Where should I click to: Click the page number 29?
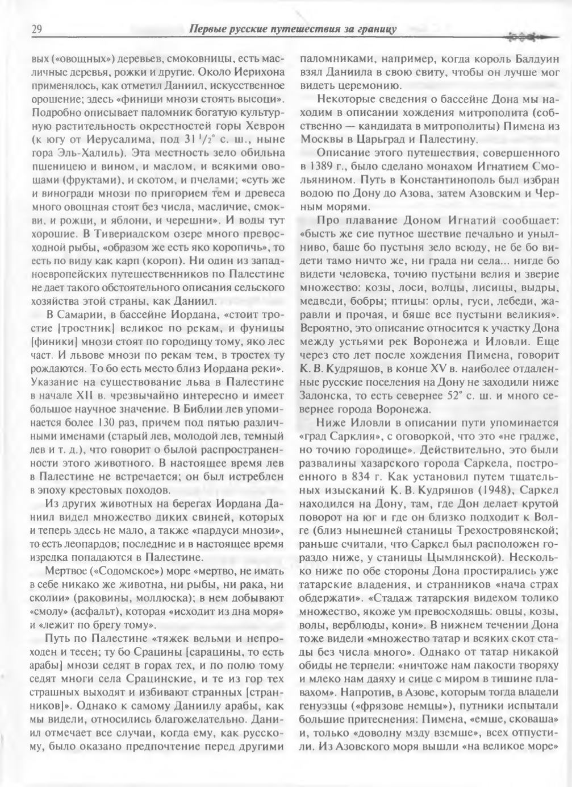(x=36, y=28)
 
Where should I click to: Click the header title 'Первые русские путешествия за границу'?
(x=292, y=28)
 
